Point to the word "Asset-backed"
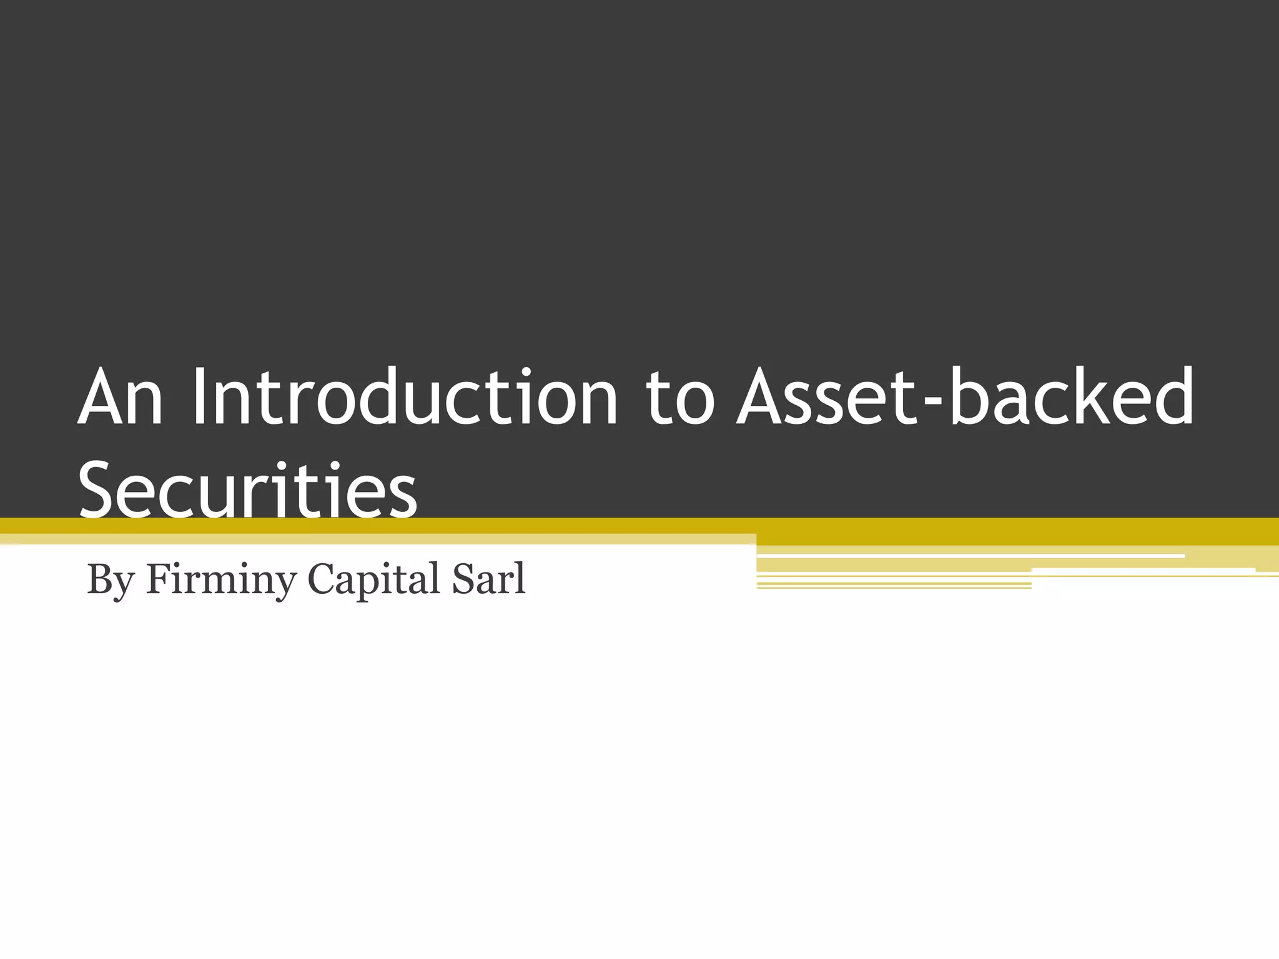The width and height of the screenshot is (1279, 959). tap(965, 398)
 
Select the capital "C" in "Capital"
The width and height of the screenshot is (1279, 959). tap(322, 579)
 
